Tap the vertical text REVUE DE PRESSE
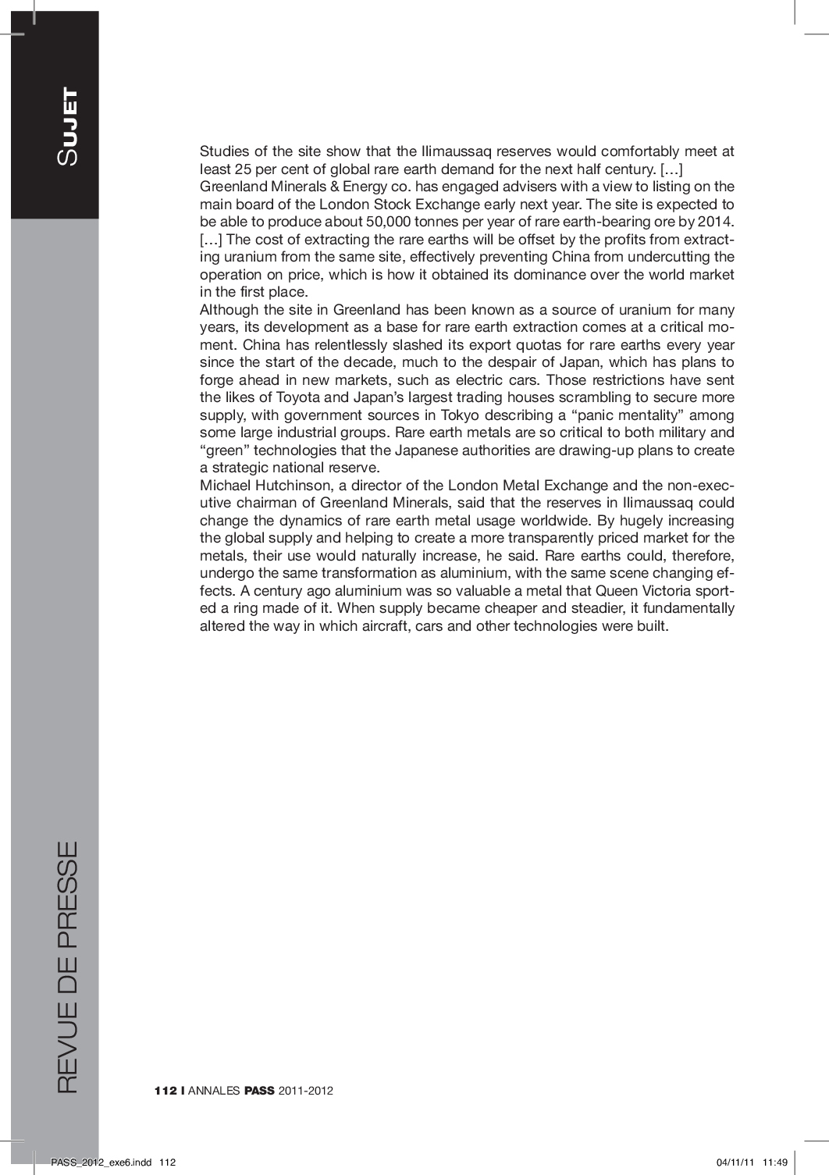coord(67,967)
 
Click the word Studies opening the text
coord(223,151)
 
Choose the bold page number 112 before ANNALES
coord(165,1091)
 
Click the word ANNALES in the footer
coord(214,1091)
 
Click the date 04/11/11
coord(734,1162)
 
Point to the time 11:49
coord(775,1162)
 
